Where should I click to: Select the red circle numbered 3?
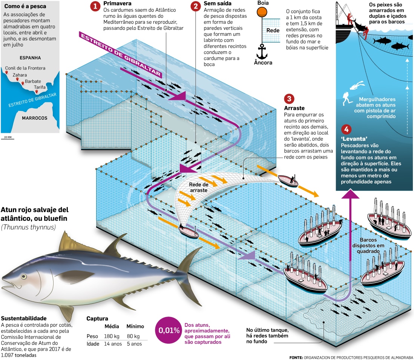pos(289,99)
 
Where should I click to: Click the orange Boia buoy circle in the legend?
pos(262,12)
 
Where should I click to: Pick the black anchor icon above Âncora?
pos(262,51)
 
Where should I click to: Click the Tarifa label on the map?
pos(40,87)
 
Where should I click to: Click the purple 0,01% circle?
pos(169,331)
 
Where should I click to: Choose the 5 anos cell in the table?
pos(134,344)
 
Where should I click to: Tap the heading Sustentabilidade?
pos(24,318)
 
